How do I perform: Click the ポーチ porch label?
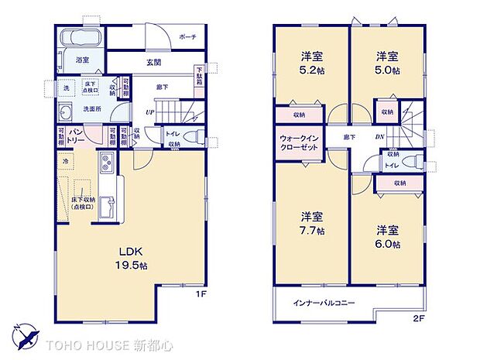187,36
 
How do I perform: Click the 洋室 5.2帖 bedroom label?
312,63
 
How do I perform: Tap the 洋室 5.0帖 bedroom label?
388,63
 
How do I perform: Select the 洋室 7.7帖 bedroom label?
312,223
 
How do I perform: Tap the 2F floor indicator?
420,317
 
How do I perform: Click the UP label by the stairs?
149,112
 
